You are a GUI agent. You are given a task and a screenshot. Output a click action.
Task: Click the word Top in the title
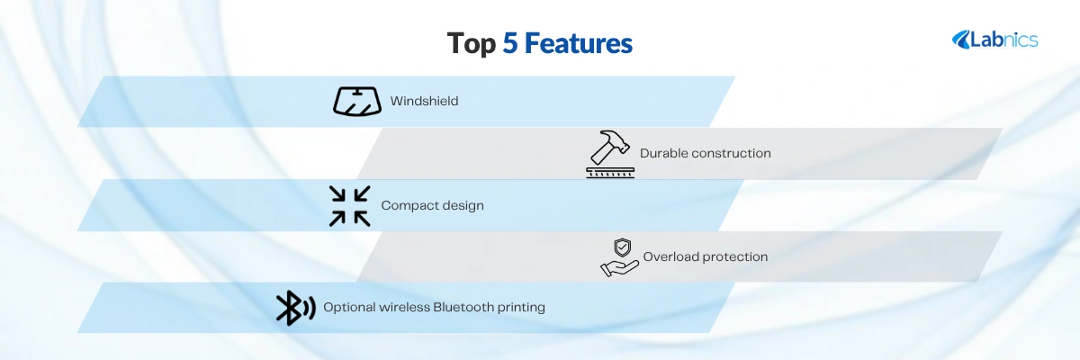[x=471, y=44]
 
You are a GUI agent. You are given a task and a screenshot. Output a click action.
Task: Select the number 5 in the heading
[x=510, y=43]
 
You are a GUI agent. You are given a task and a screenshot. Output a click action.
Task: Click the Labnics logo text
[x=1003, y=40]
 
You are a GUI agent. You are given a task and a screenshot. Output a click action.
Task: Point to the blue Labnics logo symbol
[x=961, y=40]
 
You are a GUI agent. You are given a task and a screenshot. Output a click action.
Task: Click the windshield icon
[x=357, y=101]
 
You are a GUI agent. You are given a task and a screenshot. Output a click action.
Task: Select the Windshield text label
[x=424, y=101]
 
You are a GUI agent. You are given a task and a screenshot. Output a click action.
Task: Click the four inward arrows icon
[x=349, y=206]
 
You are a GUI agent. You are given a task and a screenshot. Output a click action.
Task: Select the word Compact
[x=409, y=206]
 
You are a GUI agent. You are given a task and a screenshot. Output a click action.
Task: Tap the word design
[x=463, y=206]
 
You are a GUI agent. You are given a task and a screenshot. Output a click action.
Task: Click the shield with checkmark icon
[x=623, y=248]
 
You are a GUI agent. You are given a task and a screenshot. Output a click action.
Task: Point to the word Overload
[x=671, y=256]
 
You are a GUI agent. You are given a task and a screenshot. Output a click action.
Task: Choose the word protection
[x=736, y=256]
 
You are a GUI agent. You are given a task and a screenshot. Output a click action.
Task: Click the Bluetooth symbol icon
[x=295, y=308]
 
